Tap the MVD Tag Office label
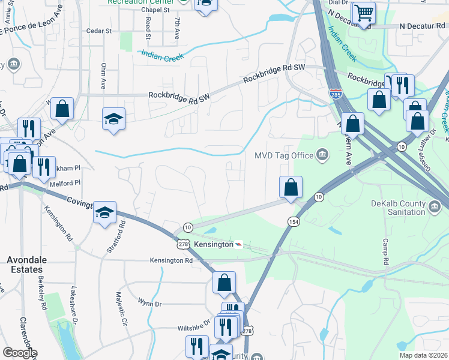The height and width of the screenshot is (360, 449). coord(284,156)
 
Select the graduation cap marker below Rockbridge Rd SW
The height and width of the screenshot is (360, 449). coord(113,119)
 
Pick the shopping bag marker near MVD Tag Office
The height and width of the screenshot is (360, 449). coord(291,187)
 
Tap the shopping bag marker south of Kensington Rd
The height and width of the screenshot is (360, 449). coord(224,283)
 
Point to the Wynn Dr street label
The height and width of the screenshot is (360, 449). coord(149,304)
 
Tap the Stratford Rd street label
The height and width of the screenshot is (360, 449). coord(122,235)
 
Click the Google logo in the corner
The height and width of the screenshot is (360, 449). coord(19,353)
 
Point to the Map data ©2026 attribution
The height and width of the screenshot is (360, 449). coord(423,355)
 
